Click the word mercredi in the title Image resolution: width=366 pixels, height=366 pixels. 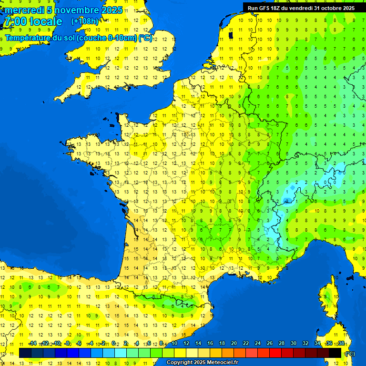tap(24, 10)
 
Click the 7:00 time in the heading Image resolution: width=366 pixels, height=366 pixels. tap(15, 21)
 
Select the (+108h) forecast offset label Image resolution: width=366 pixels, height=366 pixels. tap(84, 21)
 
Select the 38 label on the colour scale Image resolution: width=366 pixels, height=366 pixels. tap(341, 343)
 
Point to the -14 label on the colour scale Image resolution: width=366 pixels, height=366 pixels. tap(32, 343)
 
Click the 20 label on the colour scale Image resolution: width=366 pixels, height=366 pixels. tap(234, 343)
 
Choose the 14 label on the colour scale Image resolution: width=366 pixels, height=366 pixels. tap(198, 343)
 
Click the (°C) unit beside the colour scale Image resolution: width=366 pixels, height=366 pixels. tap(350, 354)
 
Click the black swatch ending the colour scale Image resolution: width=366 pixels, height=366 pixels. tap(335, 353)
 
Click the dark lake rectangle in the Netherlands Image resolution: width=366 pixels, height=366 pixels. tap(231, 35)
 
